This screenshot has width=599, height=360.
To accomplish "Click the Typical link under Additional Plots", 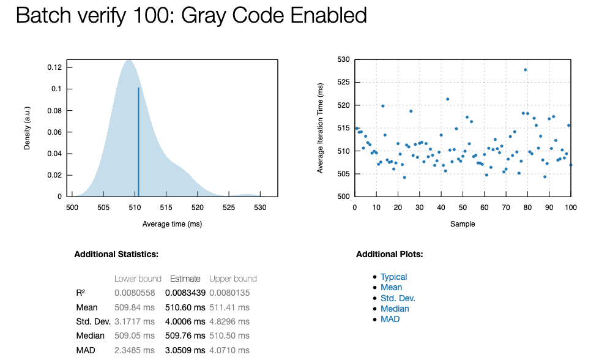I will pyautogui.click(x=393, y=277).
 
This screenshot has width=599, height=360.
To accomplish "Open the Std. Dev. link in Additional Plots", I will pyautogui.click(x=398, y=298).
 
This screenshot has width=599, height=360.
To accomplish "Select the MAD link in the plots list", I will pyautogui.click(x=390, y=319).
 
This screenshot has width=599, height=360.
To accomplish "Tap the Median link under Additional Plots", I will pyautogui.click(x=395, y=309).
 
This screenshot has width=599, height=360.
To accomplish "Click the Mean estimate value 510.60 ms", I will pyautogui.click(x=185, y=307).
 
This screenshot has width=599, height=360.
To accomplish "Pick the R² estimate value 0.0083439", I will pyautogui.click(x=185, y=293).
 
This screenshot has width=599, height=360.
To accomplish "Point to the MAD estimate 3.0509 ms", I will pyautogui.click(x=185, y=350).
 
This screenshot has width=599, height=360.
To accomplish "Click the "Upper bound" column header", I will pyautogui.click(x=233, y=279).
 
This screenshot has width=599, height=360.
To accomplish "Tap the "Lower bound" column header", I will pyautogui.click(x=138, y=279).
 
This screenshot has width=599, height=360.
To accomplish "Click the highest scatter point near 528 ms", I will pyautogui.click(x=526, y=70).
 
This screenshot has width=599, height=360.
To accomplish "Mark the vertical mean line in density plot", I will pyautogui.click(x=138, y=141).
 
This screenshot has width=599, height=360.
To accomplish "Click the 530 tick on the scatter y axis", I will pyautogui.click(x=343, y=59).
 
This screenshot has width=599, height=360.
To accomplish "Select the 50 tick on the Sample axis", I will pyautogui.click(x=463, y=208).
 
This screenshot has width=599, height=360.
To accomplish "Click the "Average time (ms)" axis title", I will pyautogui.click(x=172, y=224).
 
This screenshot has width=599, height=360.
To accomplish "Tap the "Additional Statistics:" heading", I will pyautogui.click(x=116, y=253).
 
